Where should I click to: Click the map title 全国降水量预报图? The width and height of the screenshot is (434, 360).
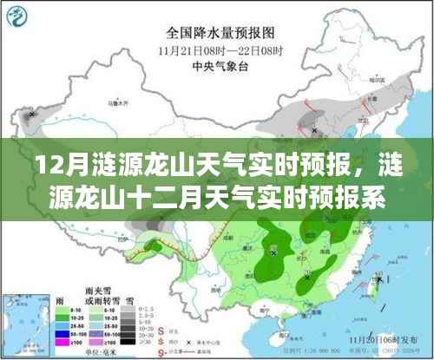[216, 35]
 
